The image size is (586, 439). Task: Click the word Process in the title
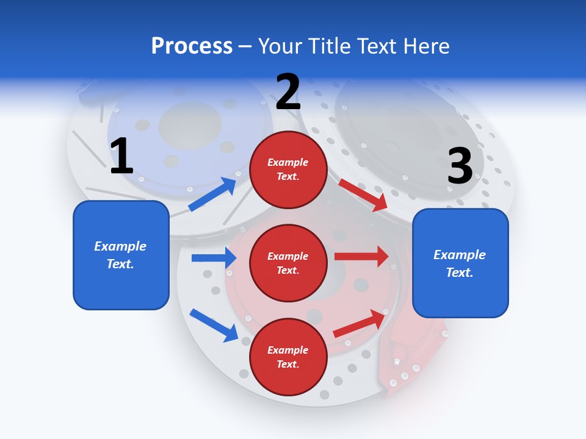point(192,46)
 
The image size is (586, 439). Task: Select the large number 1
point(121,156)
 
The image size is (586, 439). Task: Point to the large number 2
point(288,92)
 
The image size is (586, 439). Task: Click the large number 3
point(460,166)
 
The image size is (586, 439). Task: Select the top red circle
point(288,169)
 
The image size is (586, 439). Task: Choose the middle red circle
point(288,263)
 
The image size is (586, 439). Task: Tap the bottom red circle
point(288,357)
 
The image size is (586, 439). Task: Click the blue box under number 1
point(121,255)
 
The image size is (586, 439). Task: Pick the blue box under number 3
point(460,263)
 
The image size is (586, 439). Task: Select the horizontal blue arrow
point(214,258)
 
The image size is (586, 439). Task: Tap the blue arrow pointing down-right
point(214,324)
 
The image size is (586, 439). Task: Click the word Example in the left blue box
point(120,246)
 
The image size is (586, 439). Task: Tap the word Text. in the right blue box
point(460,273)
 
